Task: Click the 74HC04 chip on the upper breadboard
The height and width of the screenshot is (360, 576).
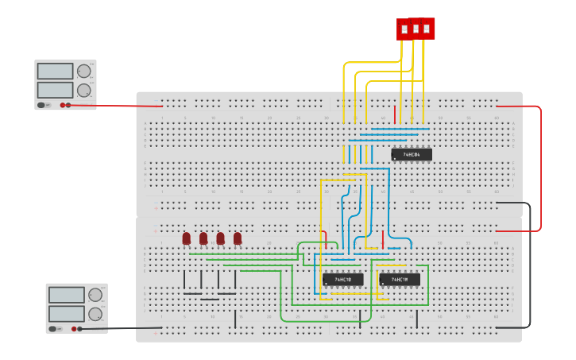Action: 412,154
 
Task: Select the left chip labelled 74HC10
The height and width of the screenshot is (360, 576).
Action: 342,280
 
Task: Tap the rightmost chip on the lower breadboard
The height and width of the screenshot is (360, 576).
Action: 400,280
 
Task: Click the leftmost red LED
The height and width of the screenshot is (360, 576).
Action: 187,238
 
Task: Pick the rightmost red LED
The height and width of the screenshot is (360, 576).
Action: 238,238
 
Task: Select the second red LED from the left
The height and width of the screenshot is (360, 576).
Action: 203,238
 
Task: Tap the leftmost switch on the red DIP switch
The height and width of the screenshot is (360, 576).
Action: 404,29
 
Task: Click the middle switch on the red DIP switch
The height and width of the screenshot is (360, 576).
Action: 416,29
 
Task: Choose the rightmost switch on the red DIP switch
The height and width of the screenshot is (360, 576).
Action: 427,29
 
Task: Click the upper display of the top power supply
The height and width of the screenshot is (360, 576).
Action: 55,72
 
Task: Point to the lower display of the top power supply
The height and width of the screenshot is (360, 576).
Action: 55,89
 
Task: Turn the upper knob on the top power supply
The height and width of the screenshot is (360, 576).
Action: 84,71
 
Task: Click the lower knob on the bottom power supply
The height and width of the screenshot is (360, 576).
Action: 95,313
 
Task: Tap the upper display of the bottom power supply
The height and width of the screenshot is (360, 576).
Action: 66,295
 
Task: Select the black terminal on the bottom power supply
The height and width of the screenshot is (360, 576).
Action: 79,328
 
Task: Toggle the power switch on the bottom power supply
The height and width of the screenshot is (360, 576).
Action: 53,328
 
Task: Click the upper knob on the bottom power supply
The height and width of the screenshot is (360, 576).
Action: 95,295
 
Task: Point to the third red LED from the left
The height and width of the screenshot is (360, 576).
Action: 221,238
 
